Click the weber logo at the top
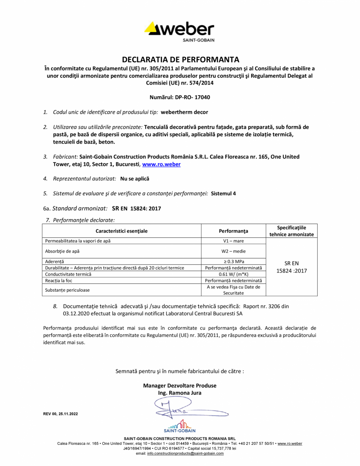click(x=180, y=30)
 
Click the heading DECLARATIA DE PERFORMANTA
click(x=180, y=60)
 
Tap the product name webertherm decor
click(x=185, y=112)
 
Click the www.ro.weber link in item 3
click(x=161, y=164)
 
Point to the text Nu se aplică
click(x=135, y=179)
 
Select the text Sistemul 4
click(x=223, y=193)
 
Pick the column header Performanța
click(x=233, y=231)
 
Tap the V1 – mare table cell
click(x=233, y=241)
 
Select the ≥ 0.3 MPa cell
click(x=233, y=261)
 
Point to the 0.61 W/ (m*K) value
click(x=233, y=274)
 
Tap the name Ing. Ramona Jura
click(x=179, y=393)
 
